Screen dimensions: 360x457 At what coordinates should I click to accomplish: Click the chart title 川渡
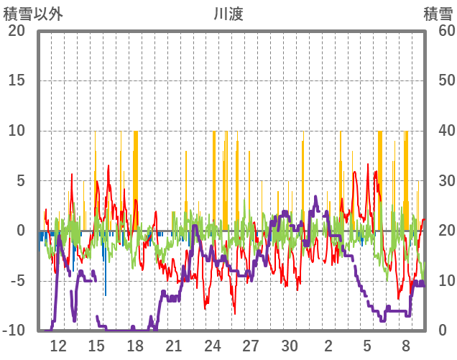[x=228, y=14]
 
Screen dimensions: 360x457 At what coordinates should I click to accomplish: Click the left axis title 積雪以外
[x=33, y=14]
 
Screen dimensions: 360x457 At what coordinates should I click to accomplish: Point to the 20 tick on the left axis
[x=16, y=30]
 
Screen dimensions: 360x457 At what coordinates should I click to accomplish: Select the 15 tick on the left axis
[x=16, y=80]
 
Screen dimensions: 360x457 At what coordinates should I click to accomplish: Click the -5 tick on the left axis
[x=16, y=281]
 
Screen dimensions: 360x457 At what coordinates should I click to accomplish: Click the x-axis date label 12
[x=58, y=346]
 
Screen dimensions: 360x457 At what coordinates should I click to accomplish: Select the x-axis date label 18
[x=135, y=346]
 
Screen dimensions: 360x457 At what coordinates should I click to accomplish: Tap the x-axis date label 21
[x=174, y=346]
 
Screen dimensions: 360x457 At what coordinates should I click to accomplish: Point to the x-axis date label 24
[x=213, y=346]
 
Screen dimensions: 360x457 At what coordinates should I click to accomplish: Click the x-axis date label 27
[x=251, y=346]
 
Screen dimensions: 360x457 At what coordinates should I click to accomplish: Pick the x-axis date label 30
[x=290, y=346]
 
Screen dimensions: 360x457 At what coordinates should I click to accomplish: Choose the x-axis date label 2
[x=328, y=346]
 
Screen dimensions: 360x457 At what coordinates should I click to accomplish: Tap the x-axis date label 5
[x=367, y=346]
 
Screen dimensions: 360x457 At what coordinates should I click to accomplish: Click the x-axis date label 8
[x=406, y=346]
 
